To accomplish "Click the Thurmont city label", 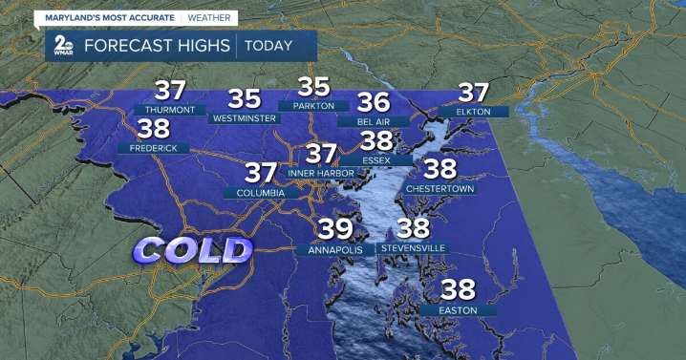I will coord(170,110).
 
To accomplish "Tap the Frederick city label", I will coord(153,148).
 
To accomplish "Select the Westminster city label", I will coord(244,118).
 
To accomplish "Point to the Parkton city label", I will coord(313,105).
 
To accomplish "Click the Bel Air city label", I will coord(372,122).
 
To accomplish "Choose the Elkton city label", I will coord(473,112).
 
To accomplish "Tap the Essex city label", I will coord(375,159).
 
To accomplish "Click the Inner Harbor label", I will coord(321,173).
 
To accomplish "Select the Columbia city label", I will coord(254,193).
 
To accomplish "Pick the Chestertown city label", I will coord(439,189).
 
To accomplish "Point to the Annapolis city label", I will coord(335,249).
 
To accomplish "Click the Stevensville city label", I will coord(413,248).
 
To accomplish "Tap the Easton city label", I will coord(458,309).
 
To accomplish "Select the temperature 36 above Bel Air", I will coord(373,101).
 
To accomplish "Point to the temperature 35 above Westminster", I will coord(244,97).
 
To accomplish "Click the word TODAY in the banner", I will coord(276,45).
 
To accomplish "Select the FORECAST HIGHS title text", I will coord(157,45).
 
